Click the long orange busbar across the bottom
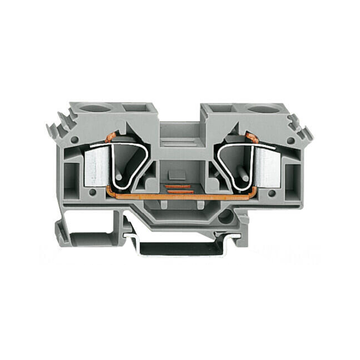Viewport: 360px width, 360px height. pos(180,197)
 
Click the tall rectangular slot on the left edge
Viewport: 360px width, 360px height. pos(71,175)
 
